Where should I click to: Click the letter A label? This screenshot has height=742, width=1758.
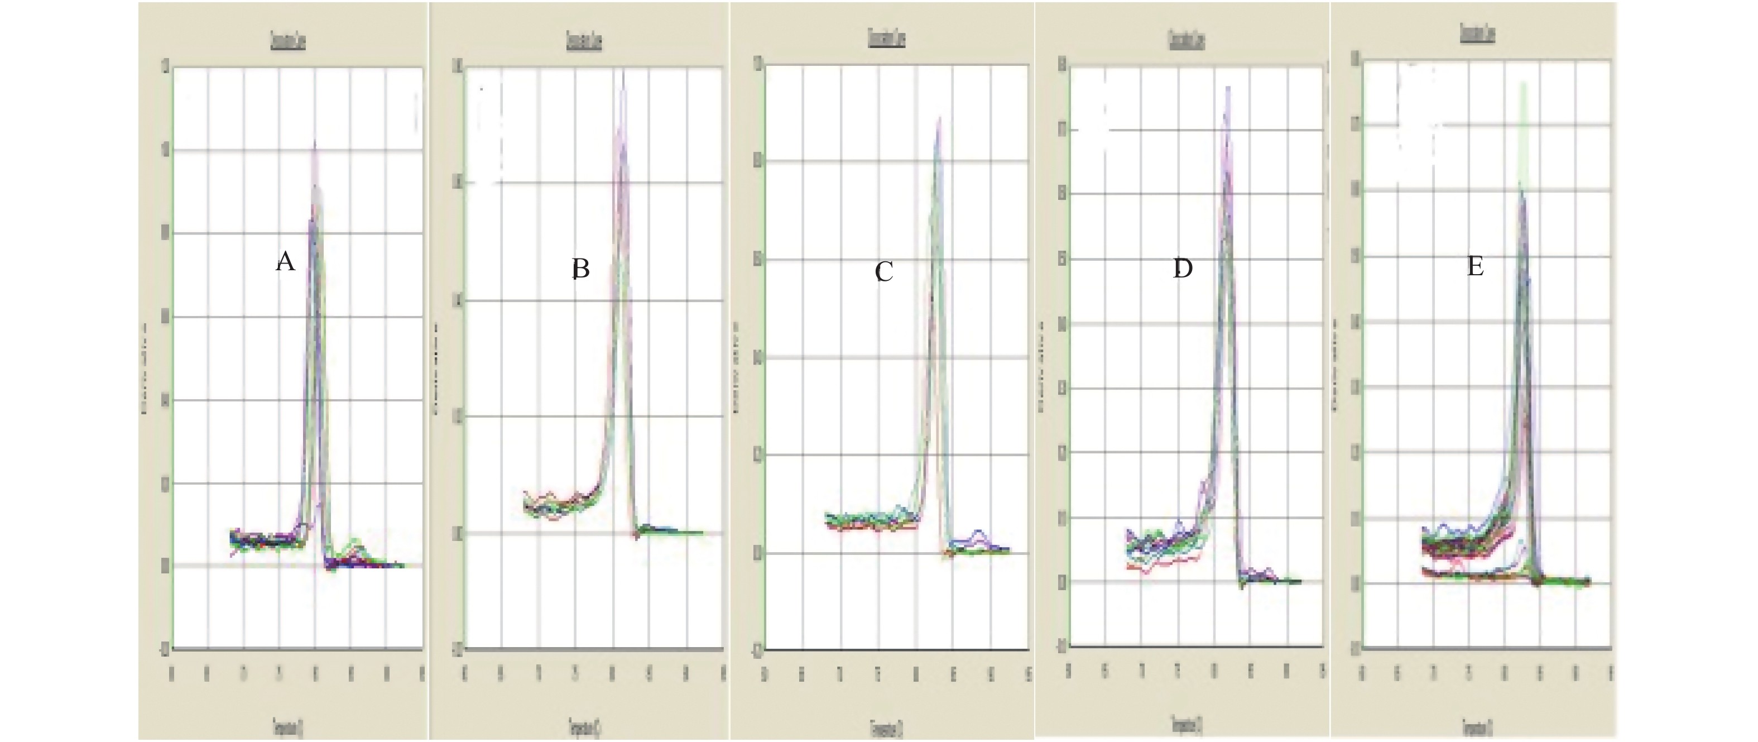coord(285,261)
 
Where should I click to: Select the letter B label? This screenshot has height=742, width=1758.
coord(580,270)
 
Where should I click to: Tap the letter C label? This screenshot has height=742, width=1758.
coord(884,272)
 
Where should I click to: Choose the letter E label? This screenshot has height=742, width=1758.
coord(1476,267)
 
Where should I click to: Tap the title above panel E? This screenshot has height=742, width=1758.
coord(1477,33)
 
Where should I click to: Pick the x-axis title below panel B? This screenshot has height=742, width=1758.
coord(584,724)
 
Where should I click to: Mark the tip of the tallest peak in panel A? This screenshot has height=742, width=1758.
coord(315,141)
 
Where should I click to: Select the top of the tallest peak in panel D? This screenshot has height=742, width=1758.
coord(1228,87)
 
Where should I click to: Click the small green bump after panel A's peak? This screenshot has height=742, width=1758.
coord(355,542)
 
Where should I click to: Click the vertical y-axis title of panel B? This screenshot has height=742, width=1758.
coord(438,368)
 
